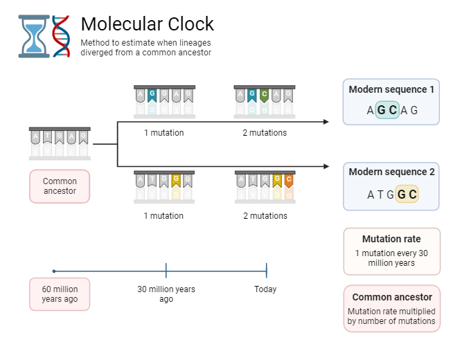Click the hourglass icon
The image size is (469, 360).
[x=34, y=37]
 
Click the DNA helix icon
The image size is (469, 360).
[x=62, y=36]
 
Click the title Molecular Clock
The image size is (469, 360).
[x=147, y=24]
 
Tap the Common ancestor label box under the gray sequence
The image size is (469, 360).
[x=60, y=186]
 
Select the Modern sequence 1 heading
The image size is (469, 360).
[x=391, y=90]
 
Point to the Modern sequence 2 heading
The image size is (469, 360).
[x=391, y=172]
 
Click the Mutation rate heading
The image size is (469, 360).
[x=391, y=239]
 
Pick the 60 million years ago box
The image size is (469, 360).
[x=60, y=294]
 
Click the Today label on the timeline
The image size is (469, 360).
[x=265, y=289]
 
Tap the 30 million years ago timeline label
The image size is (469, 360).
[x=166, y=294]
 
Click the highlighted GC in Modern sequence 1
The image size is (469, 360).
[x=387, y=110]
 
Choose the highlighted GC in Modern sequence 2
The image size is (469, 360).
[x=407, y=195]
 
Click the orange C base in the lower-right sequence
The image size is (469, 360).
[x=288, y=180]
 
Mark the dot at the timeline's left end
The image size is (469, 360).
[x=54, y=271]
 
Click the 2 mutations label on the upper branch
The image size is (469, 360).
[x=265, y=133]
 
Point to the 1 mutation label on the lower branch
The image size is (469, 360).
[x=163, y=216]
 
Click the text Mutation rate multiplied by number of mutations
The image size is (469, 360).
[x=391, y=316]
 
